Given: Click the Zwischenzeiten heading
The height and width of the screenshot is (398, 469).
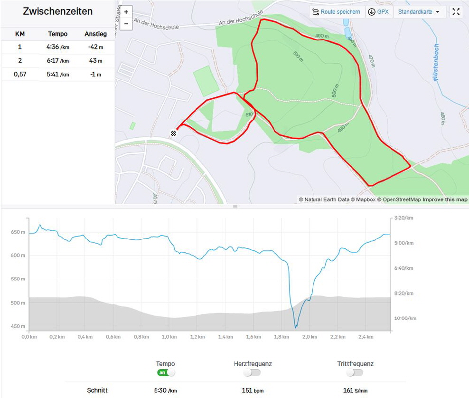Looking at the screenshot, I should (57, 11).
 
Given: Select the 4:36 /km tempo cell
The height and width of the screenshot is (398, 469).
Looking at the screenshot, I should (58, 47).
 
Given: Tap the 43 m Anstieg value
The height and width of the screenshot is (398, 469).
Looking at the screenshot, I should (95, 61).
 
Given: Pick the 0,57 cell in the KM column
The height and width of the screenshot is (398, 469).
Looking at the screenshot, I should (20, 75).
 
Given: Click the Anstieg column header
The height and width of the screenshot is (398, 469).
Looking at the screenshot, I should (95, 34).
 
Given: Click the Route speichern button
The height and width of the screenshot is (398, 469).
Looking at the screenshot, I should (336, 12).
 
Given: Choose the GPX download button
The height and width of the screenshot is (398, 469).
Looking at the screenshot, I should (378, 12).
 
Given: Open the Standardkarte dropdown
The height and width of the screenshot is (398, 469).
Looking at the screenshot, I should (419, 12).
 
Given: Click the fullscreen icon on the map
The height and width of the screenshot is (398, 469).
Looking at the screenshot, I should (456, 12).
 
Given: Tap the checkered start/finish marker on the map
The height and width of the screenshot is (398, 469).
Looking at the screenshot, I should (174, 133).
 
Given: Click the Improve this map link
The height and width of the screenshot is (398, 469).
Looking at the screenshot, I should (445, 199).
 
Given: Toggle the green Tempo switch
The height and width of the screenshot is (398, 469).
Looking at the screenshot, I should (166, 373).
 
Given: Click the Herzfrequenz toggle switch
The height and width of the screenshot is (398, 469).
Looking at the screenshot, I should (253, 373).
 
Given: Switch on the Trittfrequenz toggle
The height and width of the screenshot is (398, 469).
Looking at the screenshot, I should (355, 373).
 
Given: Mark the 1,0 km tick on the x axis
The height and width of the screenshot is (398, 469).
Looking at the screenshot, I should (169, 337).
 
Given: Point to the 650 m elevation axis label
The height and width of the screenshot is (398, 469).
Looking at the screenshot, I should (18, 232).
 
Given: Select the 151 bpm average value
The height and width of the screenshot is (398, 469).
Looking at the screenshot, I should (253, 390).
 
